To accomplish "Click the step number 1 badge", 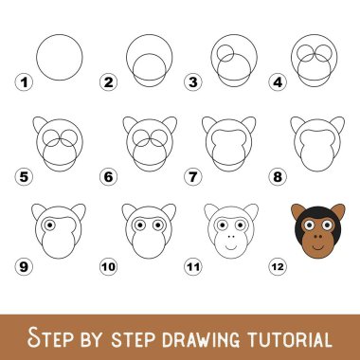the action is [x=24, y=82].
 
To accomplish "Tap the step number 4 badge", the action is [x=278, y=82].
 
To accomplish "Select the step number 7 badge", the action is [x=192, y=177].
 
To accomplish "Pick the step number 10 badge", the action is [x=108, y=267].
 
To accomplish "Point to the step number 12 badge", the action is [x=278, y=267].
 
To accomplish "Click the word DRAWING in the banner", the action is [x=201, y=339].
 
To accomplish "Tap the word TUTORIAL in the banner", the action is [x=290, y=339].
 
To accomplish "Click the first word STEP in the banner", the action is [x=49, y=337].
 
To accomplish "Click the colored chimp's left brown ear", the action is [x=297, y=210].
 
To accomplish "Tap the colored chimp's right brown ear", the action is [x=338, y=210].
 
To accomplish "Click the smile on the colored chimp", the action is [x=318, y=247].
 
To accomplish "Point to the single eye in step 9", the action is [x=49, y=225].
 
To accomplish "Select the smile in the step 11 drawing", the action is [x=231, y=247].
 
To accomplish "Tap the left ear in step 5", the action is [x=39, y=123].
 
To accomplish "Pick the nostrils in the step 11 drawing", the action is [x=231, y=236].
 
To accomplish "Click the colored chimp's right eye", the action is [x=327, y=225].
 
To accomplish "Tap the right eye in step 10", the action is [x=158, y=225].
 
